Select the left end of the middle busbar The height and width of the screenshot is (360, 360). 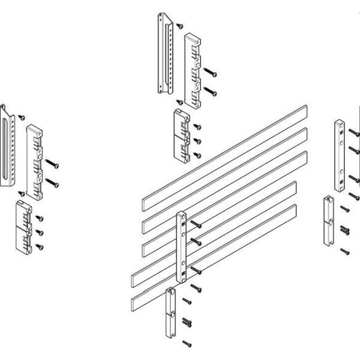pos(145,246)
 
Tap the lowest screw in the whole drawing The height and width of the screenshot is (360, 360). pos(185,343)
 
